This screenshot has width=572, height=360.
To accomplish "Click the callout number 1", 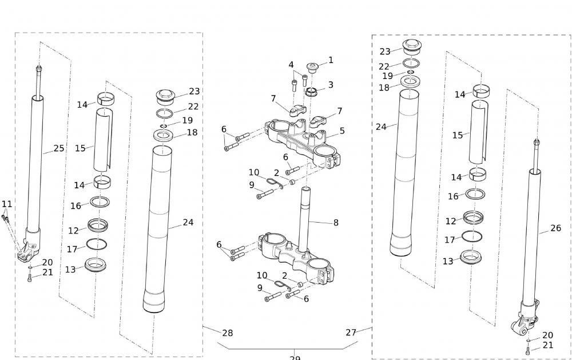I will pyautogui.click(x=331, y=60).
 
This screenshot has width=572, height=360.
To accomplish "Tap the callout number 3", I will pyautogui.click(x=331, y=85).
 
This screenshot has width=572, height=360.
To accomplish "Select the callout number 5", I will pyautogui.click(x=342, y=131).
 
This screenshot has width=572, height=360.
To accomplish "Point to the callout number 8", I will pyautogui.click(x=336, y=223).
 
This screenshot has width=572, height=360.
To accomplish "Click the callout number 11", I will pyautogui.click(x=7, y=204).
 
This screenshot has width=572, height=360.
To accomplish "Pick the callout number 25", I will pyautogui.click(x=59, y=148).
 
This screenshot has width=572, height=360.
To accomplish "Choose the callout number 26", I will pyautogui.click(x=555, y=228).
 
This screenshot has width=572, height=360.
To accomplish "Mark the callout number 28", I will pyautogui.click(x=227, y=333).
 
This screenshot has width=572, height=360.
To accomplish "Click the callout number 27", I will pyautogui.click(x=351, y=333).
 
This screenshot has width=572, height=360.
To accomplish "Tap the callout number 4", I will pyautogui.click(x=291, y=65).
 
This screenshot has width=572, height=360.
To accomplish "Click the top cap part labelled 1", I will pyautogui.click(x=313, y=68).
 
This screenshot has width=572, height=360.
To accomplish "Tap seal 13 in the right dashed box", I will pyautogui.click(x=470, y=257).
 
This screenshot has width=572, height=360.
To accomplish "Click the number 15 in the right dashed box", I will pyautogui.click(x=458, y=136).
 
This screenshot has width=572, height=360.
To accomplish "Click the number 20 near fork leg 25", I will pyautogui.click(x=47, y=263).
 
